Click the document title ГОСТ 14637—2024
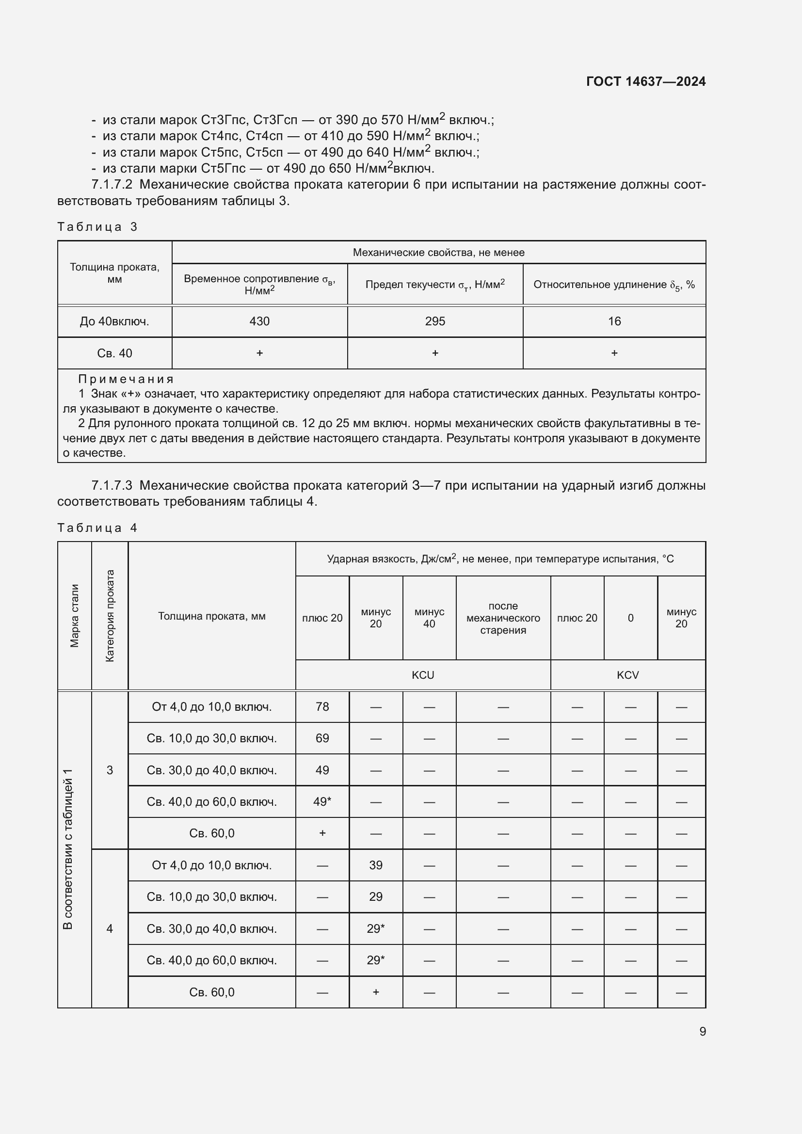tap(645, 81)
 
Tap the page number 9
tap(702, 1031)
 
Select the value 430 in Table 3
tap(259, 321)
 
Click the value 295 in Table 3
tap(434, 321)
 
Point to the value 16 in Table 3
tap(614, 321)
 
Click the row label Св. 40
tap(114, 353)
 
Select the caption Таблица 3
tap(97, 227)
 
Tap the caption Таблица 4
tap(97, 528)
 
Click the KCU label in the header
tap(423, 675)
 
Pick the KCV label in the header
tap(627, 675)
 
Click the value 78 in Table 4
tap(322, 707)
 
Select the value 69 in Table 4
tap(322, 738)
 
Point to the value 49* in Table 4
tap(322, 801)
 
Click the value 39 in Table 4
tap(375, 865)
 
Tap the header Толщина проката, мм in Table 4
tap(211, 616)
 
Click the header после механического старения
tap(503, 618)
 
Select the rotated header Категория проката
tap(110, 615)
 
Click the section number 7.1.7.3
tap(112, 485)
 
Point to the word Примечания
tap(126, 379)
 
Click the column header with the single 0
tap(630, 618)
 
